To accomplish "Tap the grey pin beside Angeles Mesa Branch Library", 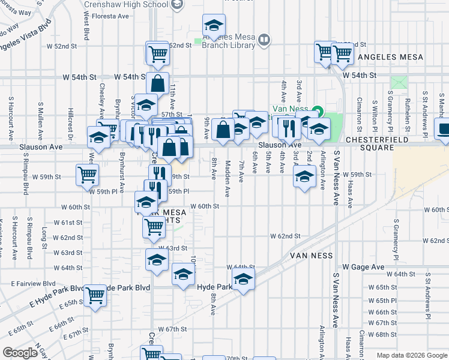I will [x=265, y=40].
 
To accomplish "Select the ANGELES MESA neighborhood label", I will [x=390, y=57].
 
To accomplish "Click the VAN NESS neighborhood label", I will [x=311, y=255].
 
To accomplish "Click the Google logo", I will [x=20, y=353].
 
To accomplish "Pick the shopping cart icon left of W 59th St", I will [x=87, y=175].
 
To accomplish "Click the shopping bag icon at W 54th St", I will [x=157, y=83].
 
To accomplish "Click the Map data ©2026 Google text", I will [x=411, y=355].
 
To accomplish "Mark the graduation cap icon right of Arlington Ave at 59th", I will [x=304, y=176].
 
